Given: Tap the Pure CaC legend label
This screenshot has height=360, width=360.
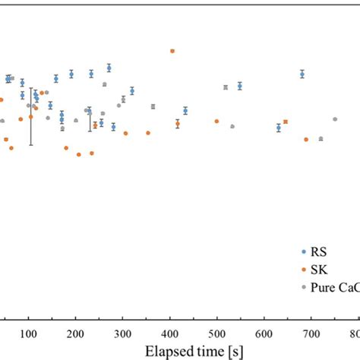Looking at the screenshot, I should coord(334,288).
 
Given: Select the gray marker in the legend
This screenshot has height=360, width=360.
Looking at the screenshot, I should coord(304,288).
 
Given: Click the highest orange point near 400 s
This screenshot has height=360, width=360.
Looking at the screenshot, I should coord(172,51).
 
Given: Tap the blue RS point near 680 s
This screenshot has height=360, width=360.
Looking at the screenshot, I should coord(302,74).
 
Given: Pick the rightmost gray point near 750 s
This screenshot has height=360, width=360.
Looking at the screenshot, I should coord(335,118).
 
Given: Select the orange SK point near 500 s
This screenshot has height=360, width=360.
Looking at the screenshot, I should coord(216,121).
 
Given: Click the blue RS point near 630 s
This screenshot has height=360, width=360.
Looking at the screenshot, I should coord(279,128).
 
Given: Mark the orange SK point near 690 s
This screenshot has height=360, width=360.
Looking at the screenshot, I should coord(306,139).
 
